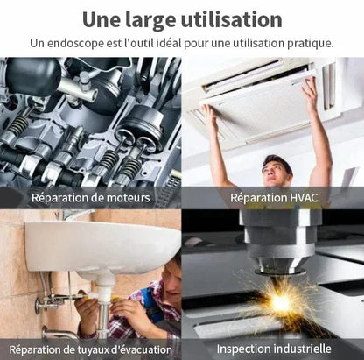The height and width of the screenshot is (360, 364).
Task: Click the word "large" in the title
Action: point(150,20)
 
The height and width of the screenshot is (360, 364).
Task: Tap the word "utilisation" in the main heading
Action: point(232,19)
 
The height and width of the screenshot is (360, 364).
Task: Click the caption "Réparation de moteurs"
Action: point(91,198)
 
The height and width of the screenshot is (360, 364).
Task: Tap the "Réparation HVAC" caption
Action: point(274,198)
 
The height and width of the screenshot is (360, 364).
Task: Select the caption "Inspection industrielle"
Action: point(274,349)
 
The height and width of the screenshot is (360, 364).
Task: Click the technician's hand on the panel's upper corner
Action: point(309,88)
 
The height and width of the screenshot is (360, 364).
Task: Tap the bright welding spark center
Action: point(281,303)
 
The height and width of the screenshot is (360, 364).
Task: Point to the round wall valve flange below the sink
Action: point(38,306)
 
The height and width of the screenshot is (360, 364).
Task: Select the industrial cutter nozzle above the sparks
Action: point(278,257)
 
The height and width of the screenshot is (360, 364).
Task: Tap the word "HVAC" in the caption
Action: point(304,198)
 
